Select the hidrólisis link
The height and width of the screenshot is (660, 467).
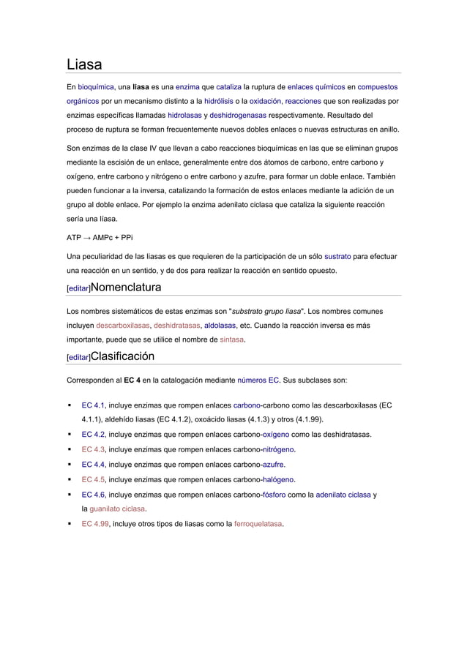(219, 102)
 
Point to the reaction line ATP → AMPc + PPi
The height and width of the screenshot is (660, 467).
(100, 237)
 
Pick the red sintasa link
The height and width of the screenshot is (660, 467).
(232, 340)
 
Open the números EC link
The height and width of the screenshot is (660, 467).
(258, 380)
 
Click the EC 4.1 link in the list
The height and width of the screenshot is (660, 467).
(94, 405)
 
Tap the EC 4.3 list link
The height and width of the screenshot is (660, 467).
(94, 449)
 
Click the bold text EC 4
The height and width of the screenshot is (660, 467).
(132, 380)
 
